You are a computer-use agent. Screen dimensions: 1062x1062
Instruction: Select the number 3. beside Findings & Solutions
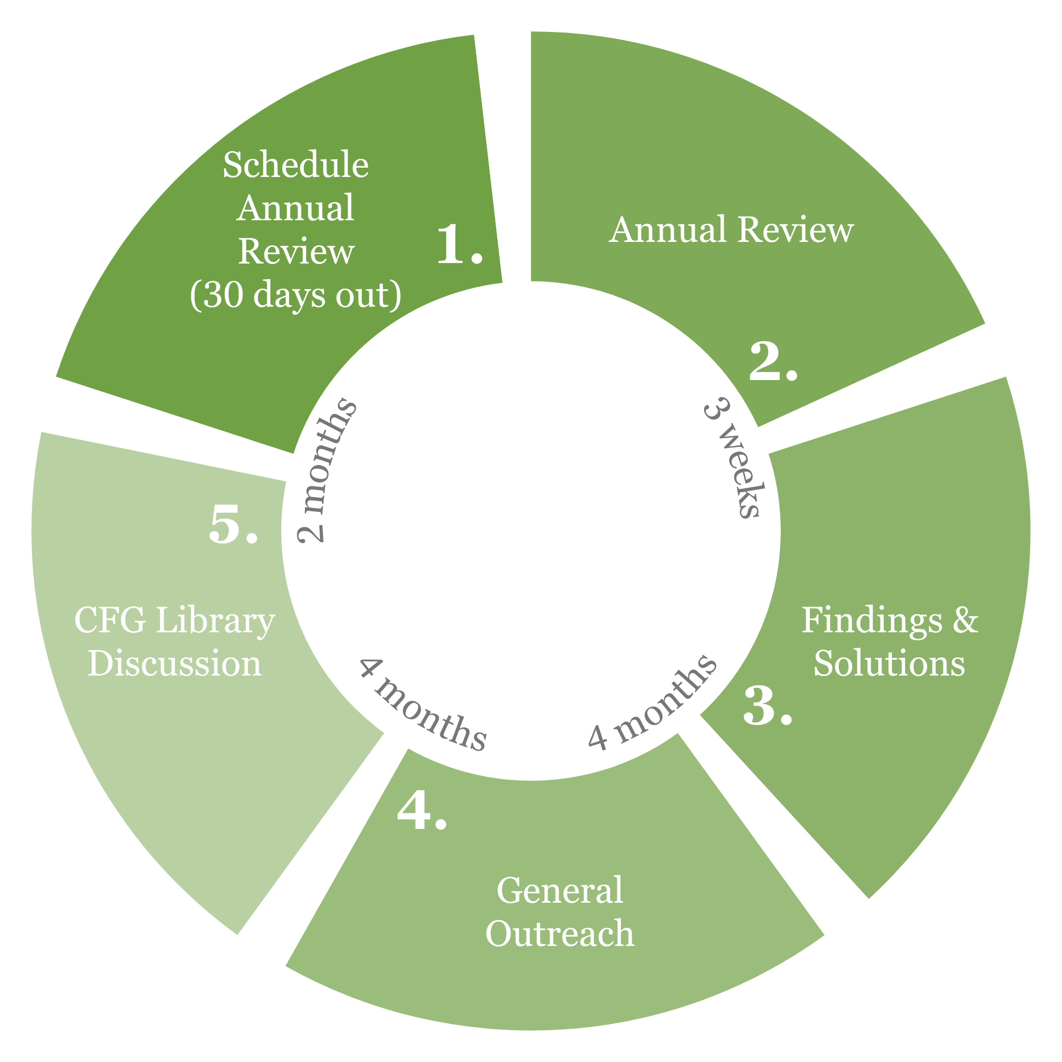tap(767, 706)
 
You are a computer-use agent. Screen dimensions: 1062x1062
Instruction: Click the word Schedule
tap(295, 165)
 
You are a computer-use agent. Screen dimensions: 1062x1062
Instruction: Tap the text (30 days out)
tap(295, 295)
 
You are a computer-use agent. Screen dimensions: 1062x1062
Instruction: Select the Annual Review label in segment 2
tap(731, 229)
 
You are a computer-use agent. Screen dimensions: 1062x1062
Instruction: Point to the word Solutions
tap(889, 663)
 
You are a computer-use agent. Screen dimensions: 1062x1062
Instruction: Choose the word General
tap(560, 890)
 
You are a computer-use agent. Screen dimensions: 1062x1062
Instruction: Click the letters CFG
tap(110, 620)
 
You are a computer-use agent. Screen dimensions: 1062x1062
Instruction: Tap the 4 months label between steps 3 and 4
tap(651, 704)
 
